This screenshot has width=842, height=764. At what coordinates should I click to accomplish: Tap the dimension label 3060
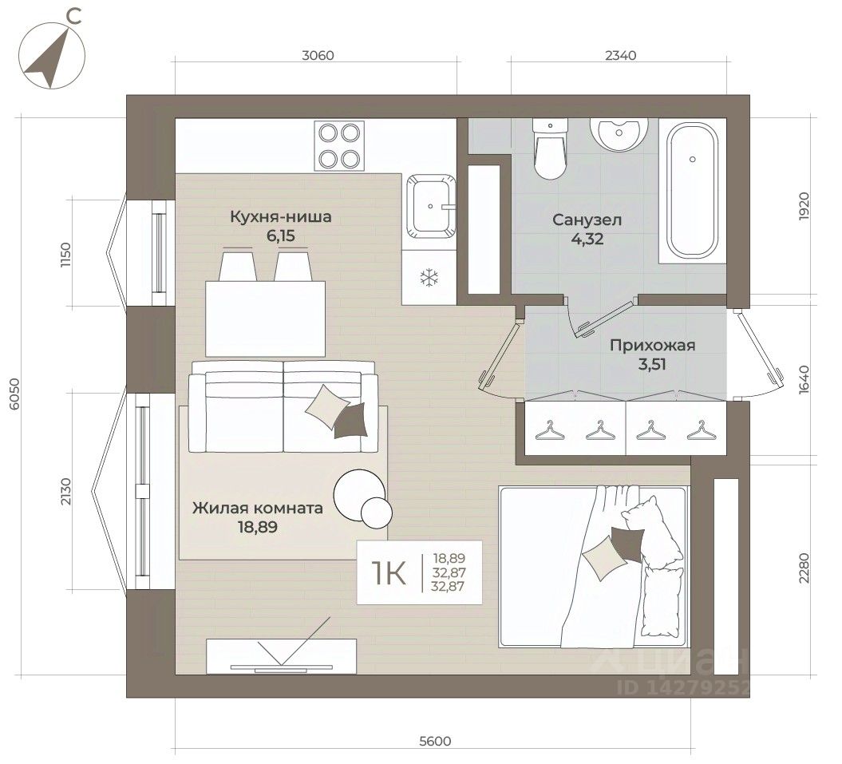click(x=318, y=55)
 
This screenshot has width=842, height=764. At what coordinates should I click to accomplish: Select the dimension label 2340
click(x=620, y=55)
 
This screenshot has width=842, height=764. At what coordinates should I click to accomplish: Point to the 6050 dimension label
click(x=14, y=394)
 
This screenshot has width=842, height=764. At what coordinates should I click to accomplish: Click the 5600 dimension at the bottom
click(x=435, y=742)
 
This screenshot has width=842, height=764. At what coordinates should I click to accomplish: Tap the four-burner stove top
click(x=339, y=145)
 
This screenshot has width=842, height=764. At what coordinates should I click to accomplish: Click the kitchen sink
click(x=431, y=206)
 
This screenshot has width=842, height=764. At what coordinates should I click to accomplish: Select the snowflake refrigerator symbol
click(x=429, y=278)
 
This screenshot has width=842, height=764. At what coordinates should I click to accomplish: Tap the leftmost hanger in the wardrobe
click(x=547, y=430)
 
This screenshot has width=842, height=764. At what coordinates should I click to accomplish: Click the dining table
click(x=265, y=319)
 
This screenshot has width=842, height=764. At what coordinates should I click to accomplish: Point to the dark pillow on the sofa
click(x=350, y=422)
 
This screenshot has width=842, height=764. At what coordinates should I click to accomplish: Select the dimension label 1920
click(x=804, y=206)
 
